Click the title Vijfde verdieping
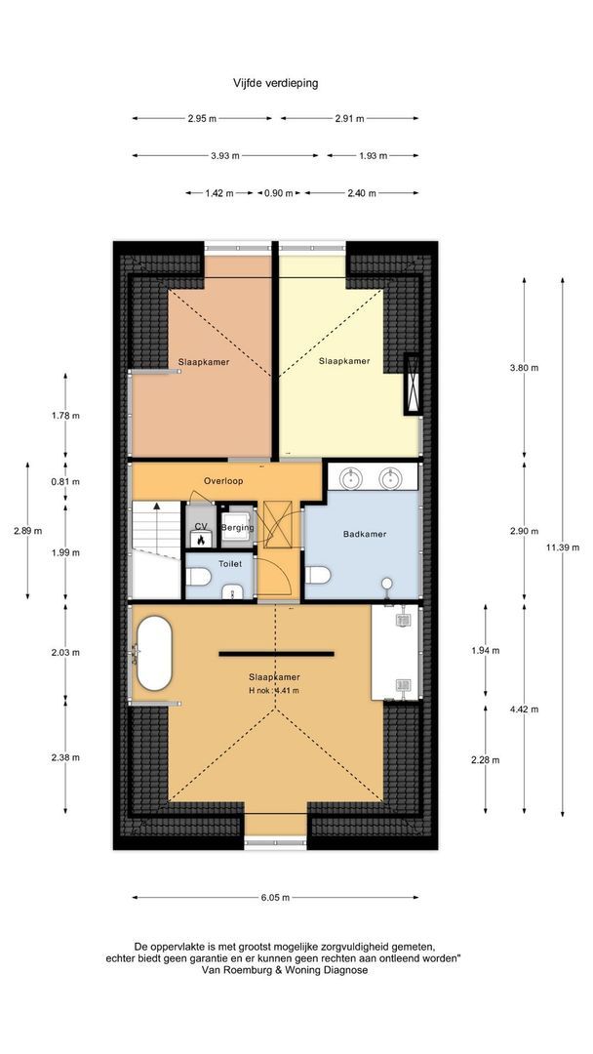click(275, 84)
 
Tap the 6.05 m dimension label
click(276, 898)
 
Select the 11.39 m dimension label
click(562, 547)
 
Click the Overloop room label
click(223, 481)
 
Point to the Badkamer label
click(365, 535)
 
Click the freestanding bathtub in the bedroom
click(154, 653)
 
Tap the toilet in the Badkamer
click(318, 576)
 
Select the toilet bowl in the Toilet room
click(199, 576)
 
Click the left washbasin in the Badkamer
click(350, 478)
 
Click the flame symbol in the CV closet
click(200, 539)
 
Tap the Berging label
click(238, 528)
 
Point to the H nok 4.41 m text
click(273, 690)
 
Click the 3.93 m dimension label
click(225, 155)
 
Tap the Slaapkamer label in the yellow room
click(344, 361)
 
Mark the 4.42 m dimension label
click(524, 709)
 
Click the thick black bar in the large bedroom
click(276, 653)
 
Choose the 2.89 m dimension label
click(27, 530)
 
